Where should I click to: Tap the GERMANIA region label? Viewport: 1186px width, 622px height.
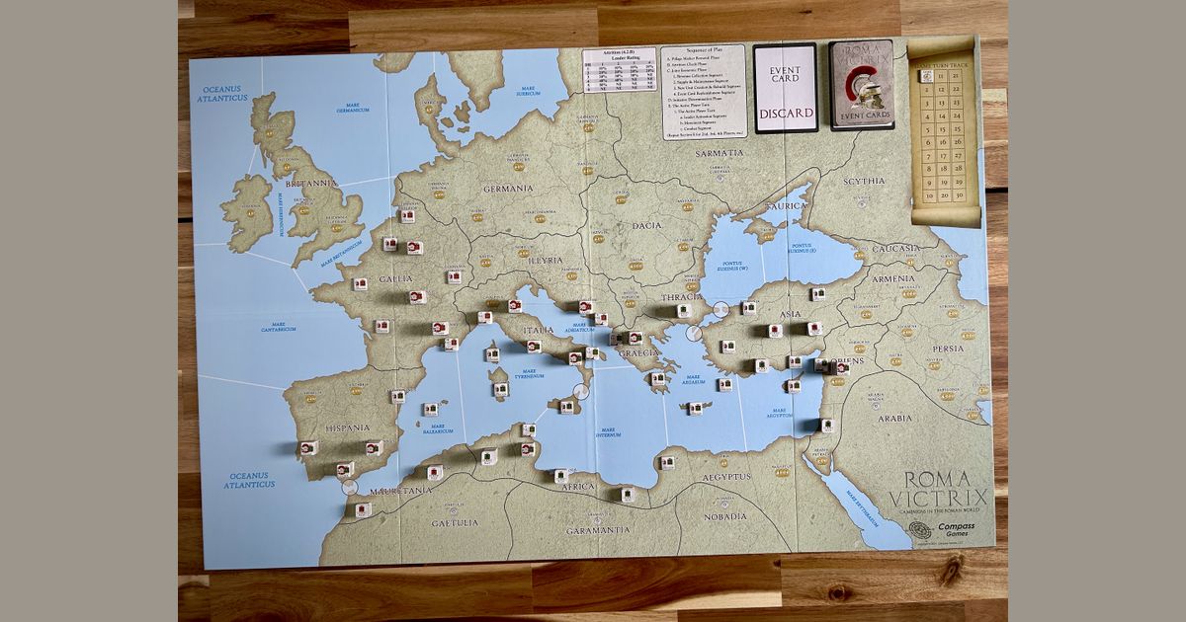[508, 188]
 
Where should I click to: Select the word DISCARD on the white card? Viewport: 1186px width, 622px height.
[786, 113]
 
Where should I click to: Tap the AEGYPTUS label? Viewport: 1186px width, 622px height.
[727, 477]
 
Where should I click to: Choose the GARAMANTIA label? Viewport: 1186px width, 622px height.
[598, 530]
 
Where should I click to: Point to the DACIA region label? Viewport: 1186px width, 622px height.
[647, 225]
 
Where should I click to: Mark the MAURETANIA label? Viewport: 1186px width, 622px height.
[399, 490]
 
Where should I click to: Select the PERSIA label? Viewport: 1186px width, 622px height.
[948, 348]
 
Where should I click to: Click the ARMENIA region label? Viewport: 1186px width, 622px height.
[893, 279]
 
